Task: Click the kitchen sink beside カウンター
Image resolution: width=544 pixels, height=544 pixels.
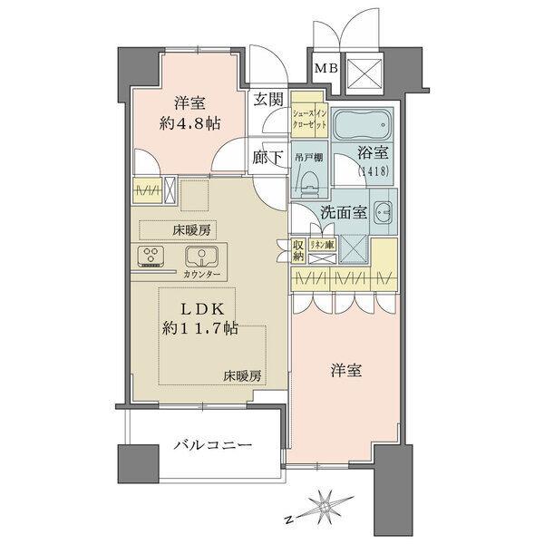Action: [198, 256]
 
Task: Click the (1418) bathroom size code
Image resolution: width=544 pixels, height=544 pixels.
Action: [370, 171]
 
